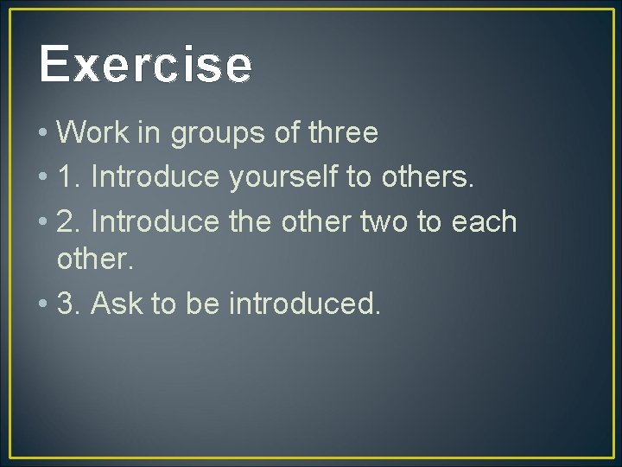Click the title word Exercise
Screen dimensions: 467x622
145,65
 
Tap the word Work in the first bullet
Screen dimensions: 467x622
87,133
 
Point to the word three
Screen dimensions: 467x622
343,133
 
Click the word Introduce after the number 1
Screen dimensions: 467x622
155,176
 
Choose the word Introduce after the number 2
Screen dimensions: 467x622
155,221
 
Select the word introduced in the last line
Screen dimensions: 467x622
304,304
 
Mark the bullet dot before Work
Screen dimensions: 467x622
42,135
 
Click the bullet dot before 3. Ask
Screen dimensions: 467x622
42,305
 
